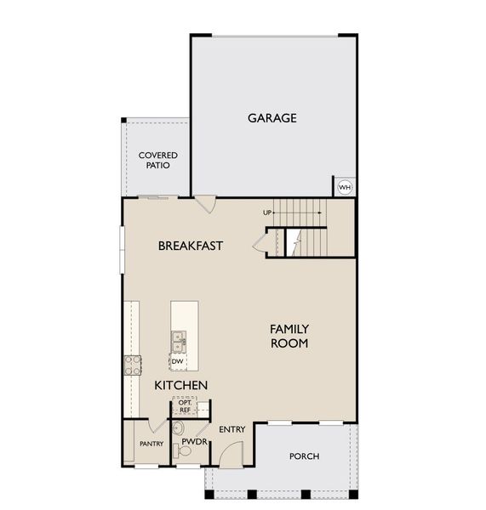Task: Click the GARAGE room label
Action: click(272, 118)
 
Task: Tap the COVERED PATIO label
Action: click(158, 160)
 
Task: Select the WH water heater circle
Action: click(345, 187)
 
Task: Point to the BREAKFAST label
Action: click(191, 246)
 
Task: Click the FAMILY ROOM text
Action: click(289, 336)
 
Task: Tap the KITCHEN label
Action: click(180, 385)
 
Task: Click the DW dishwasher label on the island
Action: click(177, 361)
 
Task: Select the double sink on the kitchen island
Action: click(178, 341)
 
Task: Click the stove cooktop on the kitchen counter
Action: click(134, 365)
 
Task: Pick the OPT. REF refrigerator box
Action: click(185, 406)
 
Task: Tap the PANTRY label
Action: click(151, 444)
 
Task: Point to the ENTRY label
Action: click(232, 429)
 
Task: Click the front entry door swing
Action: click(230, 455)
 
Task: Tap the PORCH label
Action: click(304, 456)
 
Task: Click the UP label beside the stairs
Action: click(267, 212)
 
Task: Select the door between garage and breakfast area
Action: click(205, 204)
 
